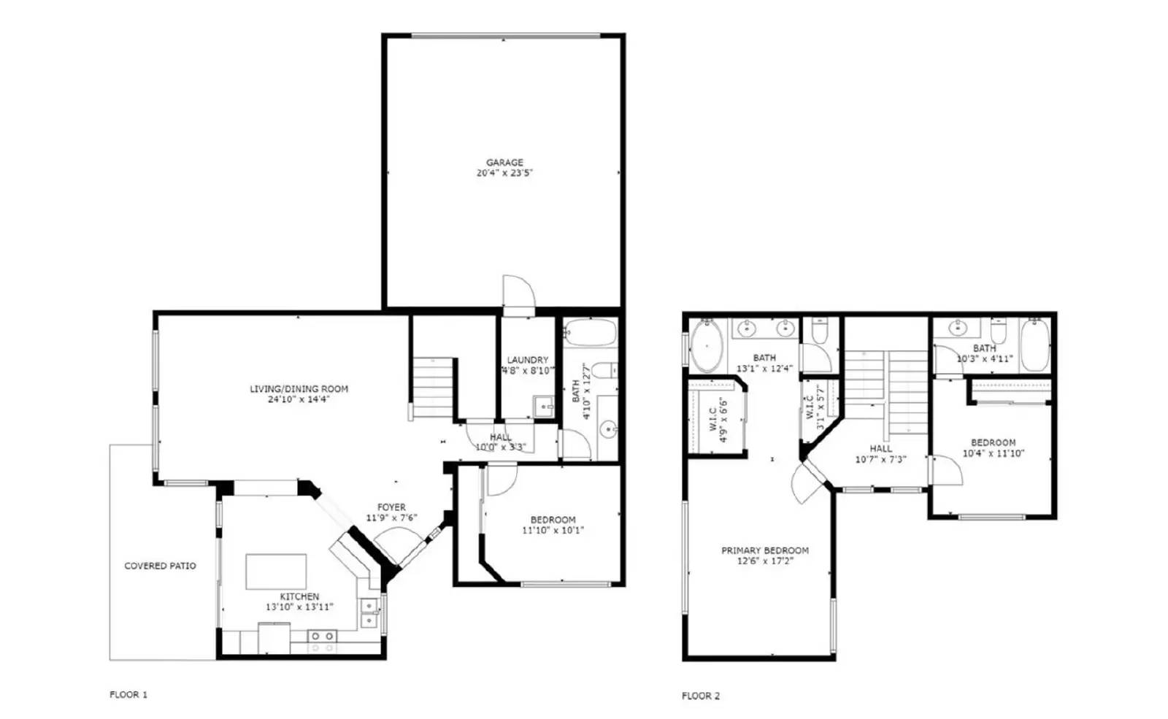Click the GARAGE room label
pos(504,162)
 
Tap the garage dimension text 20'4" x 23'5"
pos(504,172)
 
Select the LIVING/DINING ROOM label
pos(299,388)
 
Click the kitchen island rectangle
pos(276,572)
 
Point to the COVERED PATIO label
pos(160,566)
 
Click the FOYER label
pos(391,507)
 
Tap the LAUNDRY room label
pos(528,360)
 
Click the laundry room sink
pos(543,406)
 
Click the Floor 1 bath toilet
pos(605,370)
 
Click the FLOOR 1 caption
pos(128,694)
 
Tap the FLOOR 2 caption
pos(701,696)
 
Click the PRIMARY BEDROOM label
pos(765,550)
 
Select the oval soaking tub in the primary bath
pos(707,346)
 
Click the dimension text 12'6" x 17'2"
pos(765,561)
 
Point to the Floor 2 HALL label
pos(880,448)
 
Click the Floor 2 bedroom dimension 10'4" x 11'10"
pos(994,453)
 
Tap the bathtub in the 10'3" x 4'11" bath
pos(1035,345)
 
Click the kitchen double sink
pos(369,613)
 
